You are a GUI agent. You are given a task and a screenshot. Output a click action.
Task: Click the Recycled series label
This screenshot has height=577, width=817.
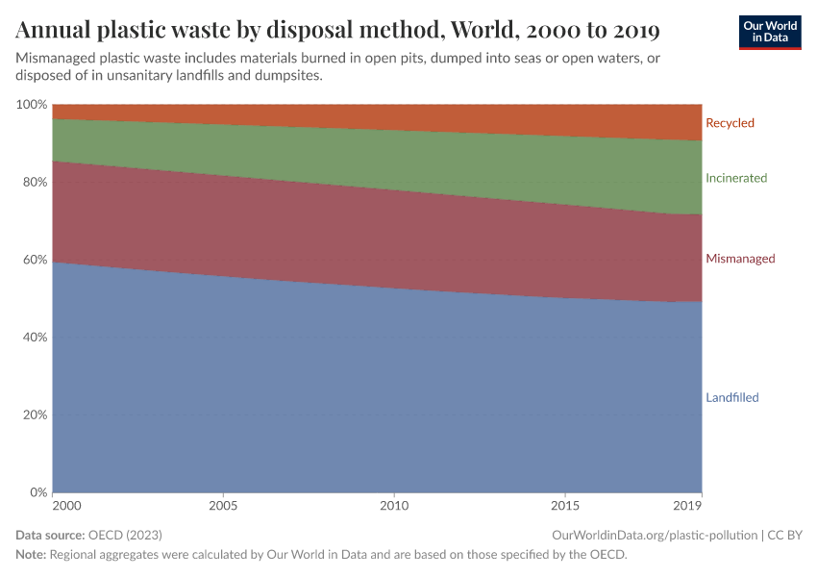(x=730, y=123)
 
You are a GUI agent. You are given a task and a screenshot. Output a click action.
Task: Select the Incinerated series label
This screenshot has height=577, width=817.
(x=736, y=178)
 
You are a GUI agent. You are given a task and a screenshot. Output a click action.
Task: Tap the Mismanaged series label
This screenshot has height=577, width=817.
(x=740, y=259)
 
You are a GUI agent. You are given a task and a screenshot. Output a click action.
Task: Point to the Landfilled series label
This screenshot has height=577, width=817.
(x=732, y=398)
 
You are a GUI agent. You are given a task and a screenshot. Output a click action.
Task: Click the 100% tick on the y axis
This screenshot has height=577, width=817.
(x=33, y=104)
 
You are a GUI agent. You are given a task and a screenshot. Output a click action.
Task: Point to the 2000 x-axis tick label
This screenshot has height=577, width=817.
(x=66, y=506)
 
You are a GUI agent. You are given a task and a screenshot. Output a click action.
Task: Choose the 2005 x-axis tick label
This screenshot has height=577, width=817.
(x=223, y=506)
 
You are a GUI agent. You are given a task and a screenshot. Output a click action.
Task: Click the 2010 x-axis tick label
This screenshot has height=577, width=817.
(x=394, y=506)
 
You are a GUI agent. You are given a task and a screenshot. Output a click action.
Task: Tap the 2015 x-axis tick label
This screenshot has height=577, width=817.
(x=565, y=506)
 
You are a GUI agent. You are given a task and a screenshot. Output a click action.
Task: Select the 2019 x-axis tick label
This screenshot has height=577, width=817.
(x=688, y=506)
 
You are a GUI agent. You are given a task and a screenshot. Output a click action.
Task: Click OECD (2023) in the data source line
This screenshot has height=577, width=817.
(x=124, y=535)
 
